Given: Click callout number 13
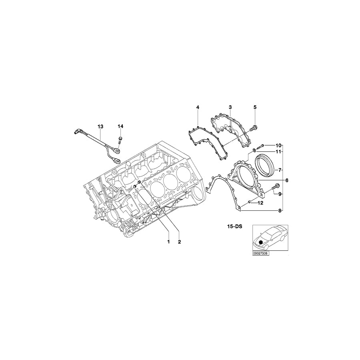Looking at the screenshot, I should [x=100, y=126].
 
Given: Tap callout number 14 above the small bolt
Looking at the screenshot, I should [x=120, y=126].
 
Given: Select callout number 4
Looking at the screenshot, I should [x=198, y=107].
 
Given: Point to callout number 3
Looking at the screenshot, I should [x=230, y=107].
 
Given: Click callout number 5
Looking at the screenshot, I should [x=255, y=107].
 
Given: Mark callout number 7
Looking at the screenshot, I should [x=280, y=169].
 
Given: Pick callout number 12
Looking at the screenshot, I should [x=260, y=203].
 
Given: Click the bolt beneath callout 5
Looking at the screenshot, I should [x=254, y=128].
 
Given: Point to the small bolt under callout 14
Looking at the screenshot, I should [x=120, y=139].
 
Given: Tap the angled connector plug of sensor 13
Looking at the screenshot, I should [x=78, y=131].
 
